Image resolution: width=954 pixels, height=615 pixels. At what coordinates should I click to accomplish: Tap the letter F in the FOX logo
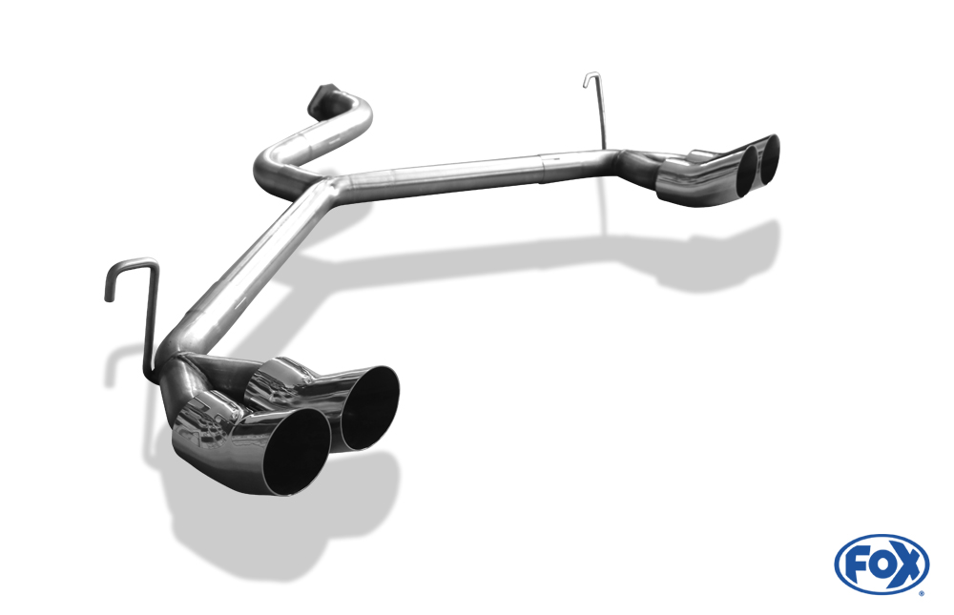[858, 564]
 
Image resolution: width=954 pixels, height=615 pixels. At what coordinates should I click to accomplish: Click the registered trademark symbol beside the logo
[922, 592]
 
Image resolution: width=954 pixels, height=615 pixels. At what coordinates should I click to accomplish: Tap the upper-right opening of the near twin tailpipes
[367, 407]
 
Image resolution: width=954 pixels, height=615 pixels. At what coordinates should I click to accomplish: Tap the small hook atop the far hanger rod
[591, 76]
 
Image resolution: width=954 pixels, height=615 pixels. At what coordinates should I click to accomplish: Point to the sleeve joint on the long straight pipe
[544, 163]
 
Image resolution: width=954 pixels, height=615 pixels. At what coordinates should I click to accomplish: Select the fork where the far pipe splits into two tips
[634, 160]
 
